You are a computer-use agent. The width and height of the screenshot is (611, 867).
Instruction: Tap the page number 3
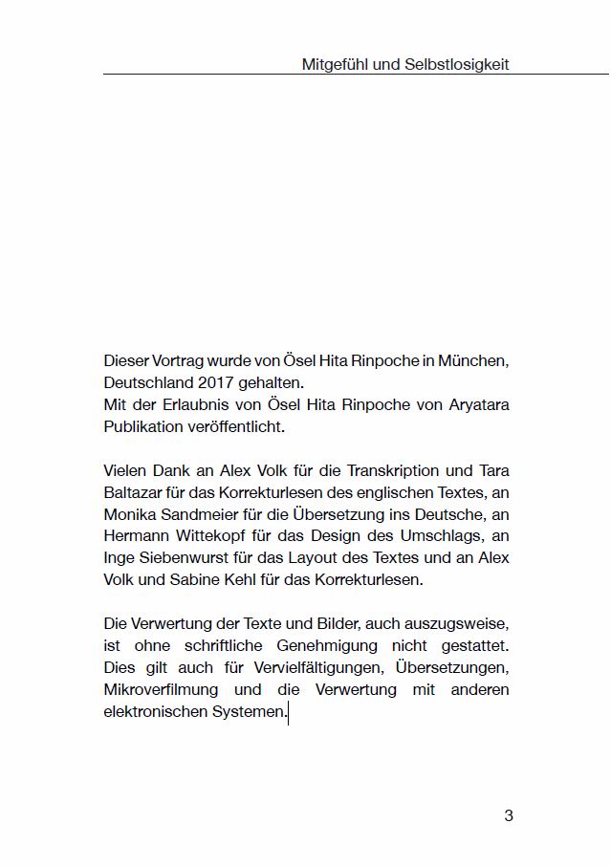pos(509,815)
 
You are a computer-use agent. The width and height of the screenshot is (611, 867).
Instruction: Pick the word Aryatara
pos(473,404)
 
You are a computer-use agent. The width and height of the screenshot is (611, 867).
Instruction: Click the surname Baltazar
pos(134,492)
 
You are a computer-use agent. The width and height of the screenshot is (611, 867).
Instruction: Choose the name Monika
pos(130,514)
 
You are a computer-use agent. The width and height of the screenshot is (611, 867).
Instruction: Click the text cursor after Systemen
pos(288,713)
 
